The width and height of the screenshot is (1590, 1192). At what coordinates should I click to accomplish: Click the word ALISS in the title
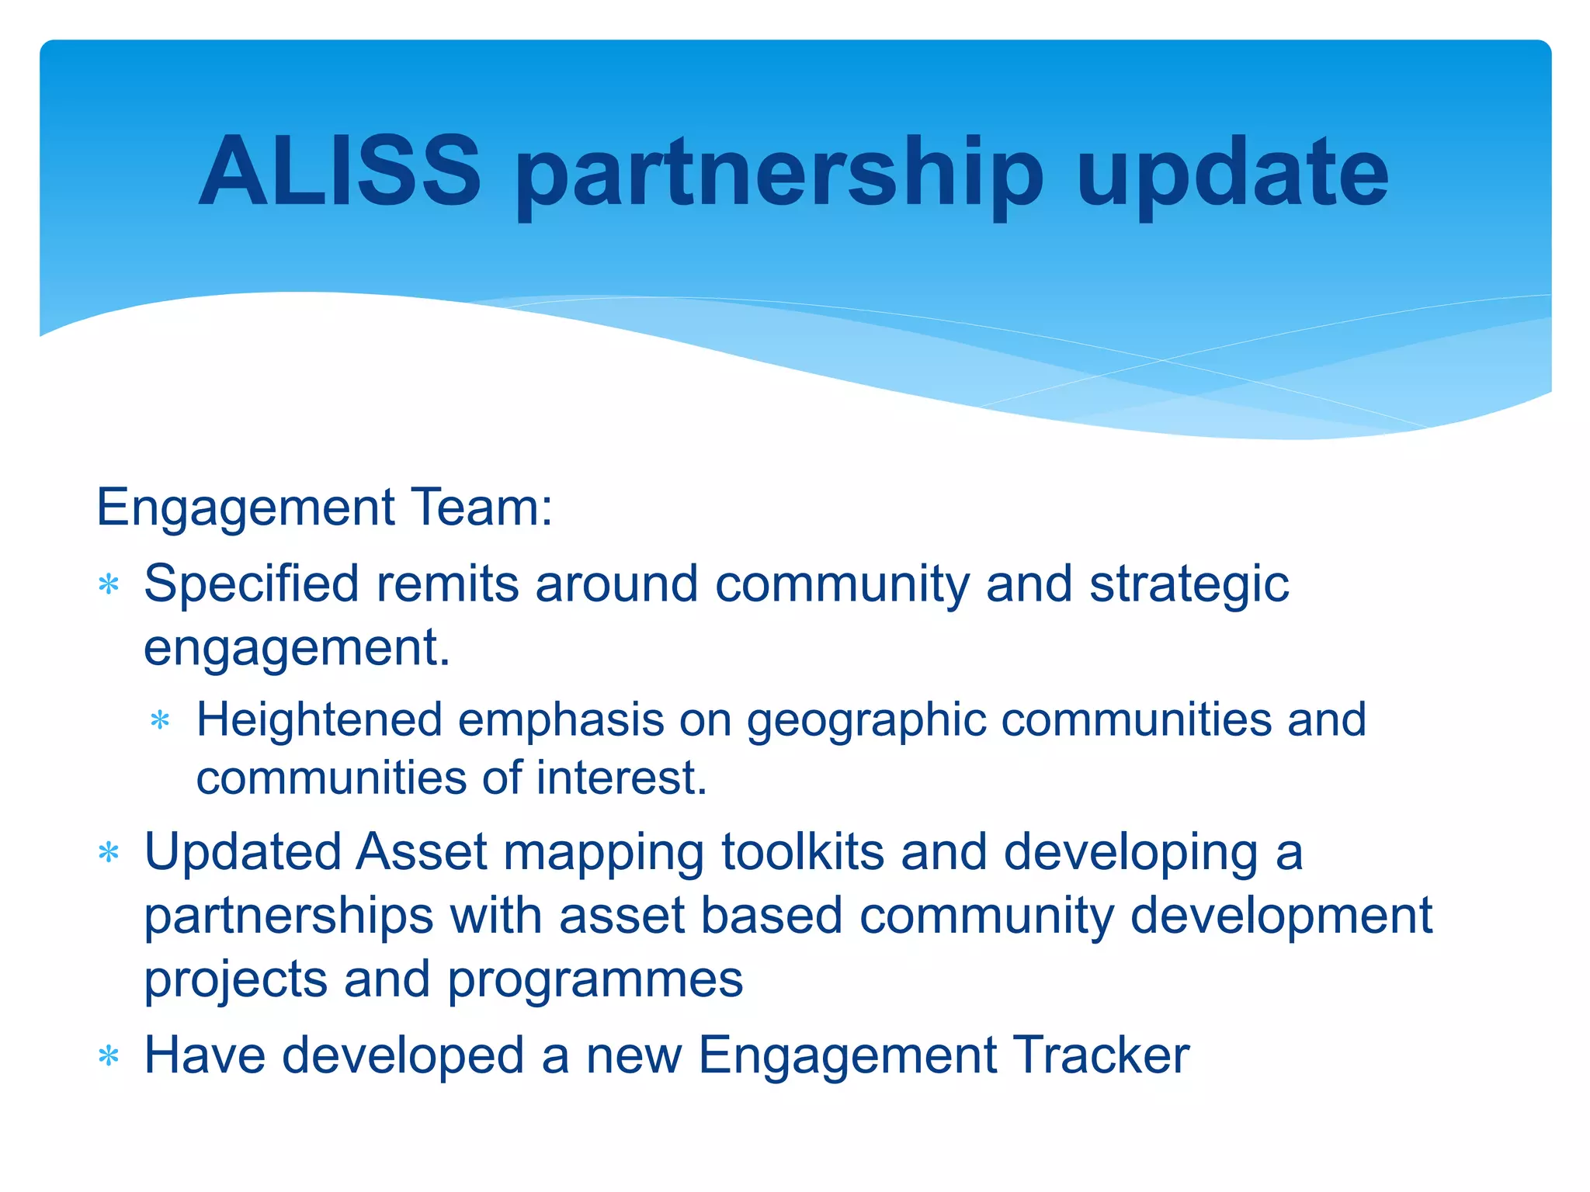(339, 172)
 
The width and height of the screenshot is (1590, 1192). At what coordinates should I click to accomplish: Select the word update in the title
(1232, 175)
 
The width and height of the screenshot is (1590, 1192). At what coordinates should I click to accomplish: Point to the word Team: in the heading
(482, 508)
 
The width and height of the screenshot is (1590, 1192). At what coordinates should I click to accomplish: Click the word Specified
(252, 585)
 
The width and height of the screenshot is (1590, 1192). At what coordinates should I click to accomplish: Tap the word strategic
(1189, 585)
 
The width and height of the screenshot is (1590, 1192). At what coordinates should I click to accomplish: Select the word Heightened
(319, 720)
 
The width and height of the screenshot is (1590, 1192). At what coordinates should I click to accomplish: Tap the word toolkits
(803, 852)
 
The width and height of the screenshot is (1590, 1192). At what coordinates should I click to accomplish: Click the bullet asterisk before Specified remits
(109, 584)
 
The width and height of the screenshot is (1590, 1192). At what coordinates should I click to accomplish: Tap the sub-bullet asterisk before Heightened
(160, 721)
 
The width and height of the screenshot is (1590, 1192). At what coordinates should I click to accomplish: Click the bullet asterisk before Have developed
(109, 1057)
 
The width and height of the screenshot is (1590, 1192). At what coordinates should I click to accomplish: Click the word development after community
(1281, 916)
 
